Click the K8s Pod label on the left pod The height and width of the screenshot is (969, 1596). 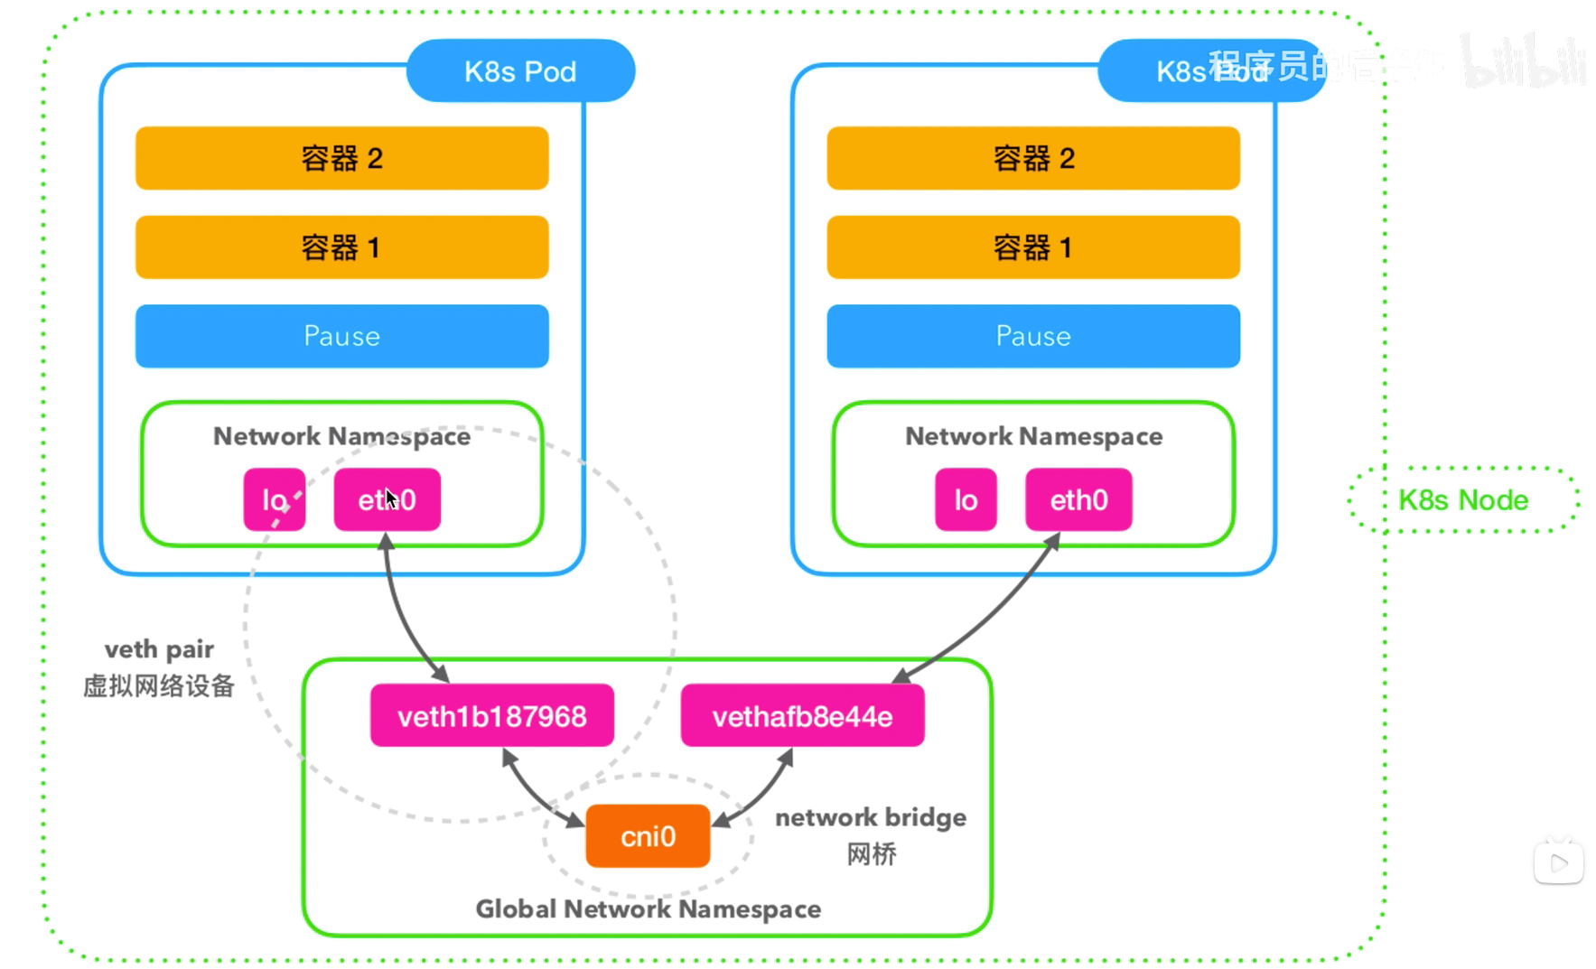520,71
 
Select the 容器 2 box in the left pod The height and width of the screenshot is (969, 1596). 341,158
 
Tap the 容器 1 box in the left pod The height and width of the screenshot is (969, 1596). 341,247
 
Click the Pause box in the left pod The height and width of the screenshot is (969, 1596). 341,336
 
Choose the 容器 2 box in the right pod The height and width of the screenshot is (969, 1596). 1033,158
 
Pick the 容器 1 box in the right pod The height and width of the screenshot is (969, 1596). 1033,247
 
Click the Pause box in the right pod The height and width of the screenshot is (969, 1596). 1033,336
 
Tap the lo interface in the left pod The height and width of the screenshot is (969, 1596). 274,499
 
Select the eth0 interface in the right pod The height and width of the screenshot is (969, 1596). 1078,499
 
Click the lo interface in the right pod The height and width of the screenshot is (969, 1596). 966,499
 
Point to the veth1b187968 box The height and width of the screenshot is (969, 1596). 491,716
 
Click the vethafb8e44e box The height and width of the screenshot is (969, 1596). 802,716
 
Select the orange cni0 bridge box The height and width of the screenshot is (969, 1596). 648,836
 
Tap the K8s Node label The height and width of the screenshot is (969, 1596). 1463,500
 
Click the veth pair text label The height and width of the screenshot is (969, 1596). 159,649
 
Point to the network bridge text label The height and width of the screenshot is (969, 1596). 871,817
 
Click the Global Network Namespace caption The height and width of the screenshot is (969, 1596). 648,908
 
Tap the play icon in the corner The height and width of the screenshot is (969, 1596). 1558,863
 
